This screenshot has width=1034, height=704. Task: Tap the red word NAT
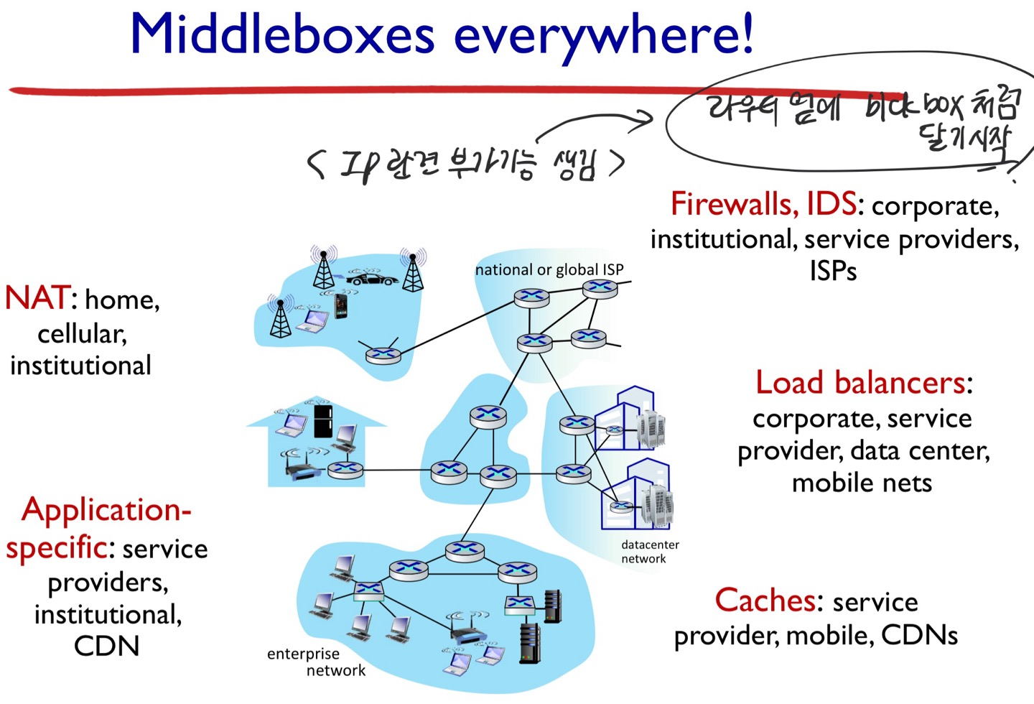tap(37, 298)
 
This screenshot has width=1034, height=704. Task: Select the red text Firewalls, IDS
tap(763, 204)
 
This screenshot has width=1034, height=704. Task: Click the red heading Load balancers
tap(860, 383)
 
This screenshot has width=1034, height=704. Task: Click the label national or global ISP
tap(549, 270)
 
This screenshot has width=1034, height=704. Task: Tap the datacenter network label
tap(649, 552)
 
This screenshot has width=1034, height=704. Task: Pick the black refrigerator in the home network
tap(323, 421)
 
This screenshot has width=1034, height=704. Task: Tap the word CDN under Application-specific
tap(106, 646)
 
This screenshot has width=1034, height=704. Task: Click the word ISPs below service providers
tap(833, 272)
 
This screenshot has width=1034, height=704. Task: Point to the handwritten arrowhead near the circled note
tap(644, 119)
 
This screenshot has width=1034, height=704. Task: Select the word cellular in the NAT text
tap(82, 333)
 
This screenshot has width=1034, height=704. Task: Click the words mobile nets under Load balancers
tap(862, 483)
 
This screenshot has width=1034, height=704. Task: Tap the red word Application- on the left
tap(106, 510)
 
